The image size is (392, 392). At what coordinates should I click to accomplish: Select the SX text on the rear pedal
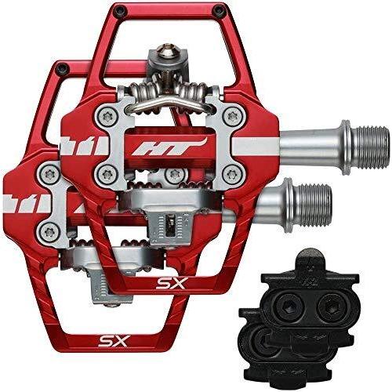coord(114,340)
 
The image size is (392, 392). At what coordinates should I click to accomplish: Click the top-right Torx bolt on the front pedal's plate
coord(232,115)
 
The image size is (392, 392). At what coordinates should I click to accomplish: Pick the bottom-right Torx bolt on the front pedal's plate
coord(232,173)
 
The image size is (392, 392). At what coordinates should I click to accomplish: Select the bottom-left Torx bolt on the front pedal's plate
coord(107,173)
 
